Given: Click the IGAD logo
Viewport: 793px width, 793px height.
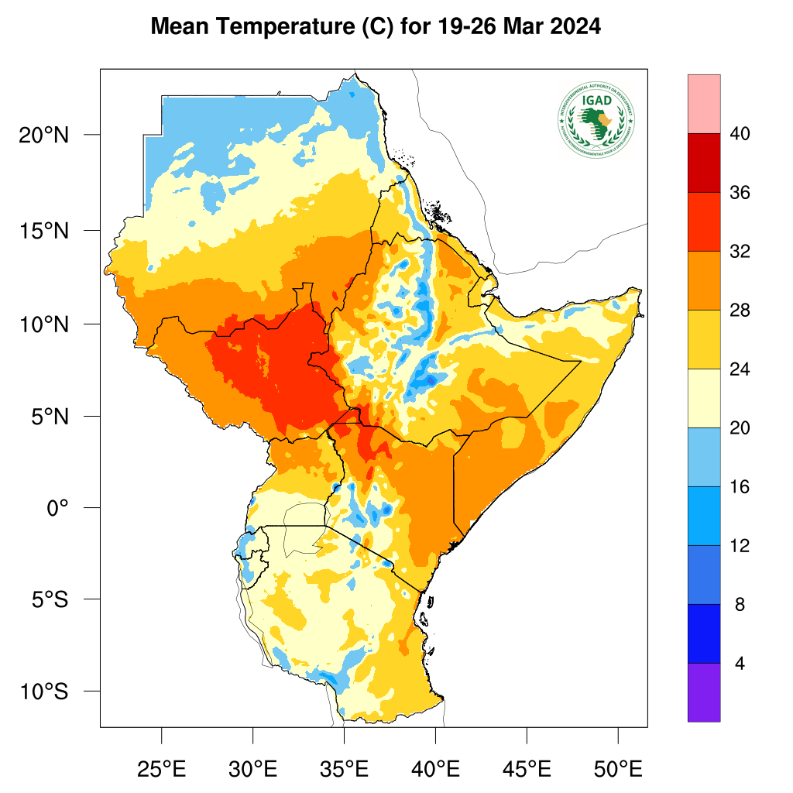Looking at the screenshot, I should pos(596,118).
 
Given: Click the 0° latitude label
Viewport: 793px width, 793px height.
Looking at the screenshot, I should pos(57,508).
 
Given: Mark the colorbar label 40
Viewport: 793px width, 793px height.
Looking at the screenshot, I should pos(740,135).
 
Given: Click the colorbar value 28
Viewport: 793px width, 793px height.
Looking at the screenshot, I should pos(740,311).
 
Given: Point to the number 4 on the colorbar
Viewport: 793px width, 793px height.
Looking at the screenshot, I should pos(740,664).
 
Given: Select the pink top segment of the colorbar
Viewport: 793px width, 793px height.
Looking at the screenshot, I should pos(703,104).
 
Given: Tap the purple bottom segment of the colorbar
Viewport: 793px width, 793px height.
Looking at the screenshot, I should pos(703,692).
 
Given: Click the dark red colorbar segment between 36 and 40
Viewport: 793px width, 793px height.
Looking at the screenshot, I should pos(703,163).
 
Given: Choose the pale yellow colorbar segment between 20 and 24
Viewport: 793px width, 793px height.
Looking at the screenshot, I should pos(703,398).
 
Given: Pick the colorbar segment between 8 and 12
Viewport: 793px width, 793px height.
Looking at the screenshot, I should pos(703,575).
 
